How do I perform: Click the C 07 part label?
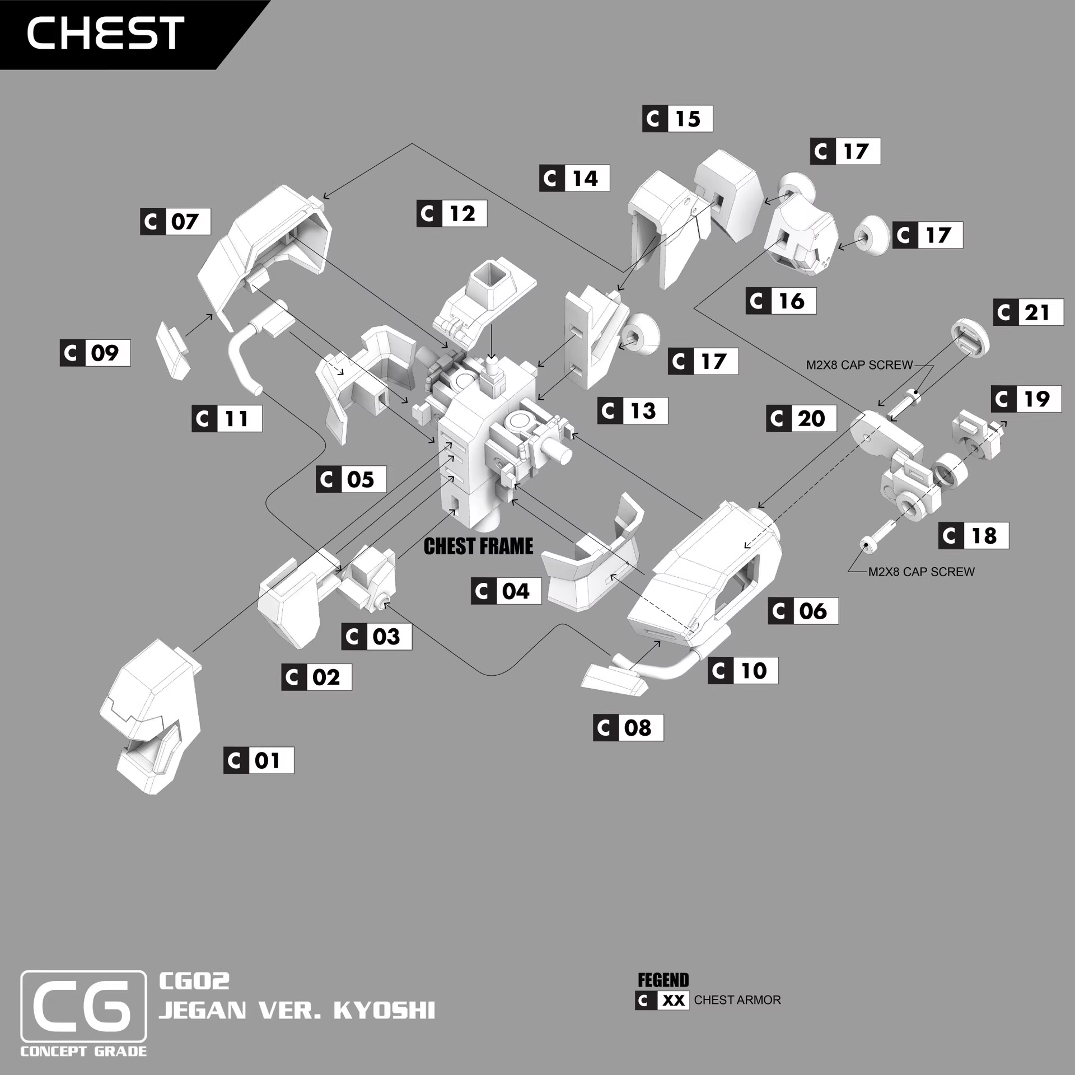tap(175, 221)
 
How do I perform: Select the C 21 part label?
tap(1028, 312)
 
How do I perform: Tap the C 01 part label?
tap(259, 760)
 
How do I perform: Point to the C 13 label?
tap(633, 410)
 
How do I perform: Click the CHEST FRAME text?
tap(478, 546)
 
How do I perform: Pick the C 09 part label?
tap(95, 353)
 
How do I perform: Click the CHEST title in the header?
tap(105, 32)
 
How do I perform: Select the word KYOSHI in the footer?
tap(384, 1011)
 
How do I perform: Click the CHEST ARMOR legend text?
tap(737, 1000)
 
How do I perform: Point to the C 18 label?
tap(974, 535)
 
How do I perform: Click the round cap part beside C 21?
tap(970, 337)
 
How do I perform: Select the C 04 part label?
tap(506, 591)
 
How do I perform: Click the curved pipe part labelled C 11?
tap(246, 353)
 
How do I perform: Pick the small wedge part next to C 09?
tap(172, 350)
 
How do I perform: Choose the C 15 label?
tap(677, 118)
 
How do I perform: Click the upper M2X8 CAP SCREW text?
tap(859, 365)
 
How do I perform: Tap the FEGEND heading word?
tap(663, 980)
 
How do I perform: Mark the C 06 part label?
tap(803, 610)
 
